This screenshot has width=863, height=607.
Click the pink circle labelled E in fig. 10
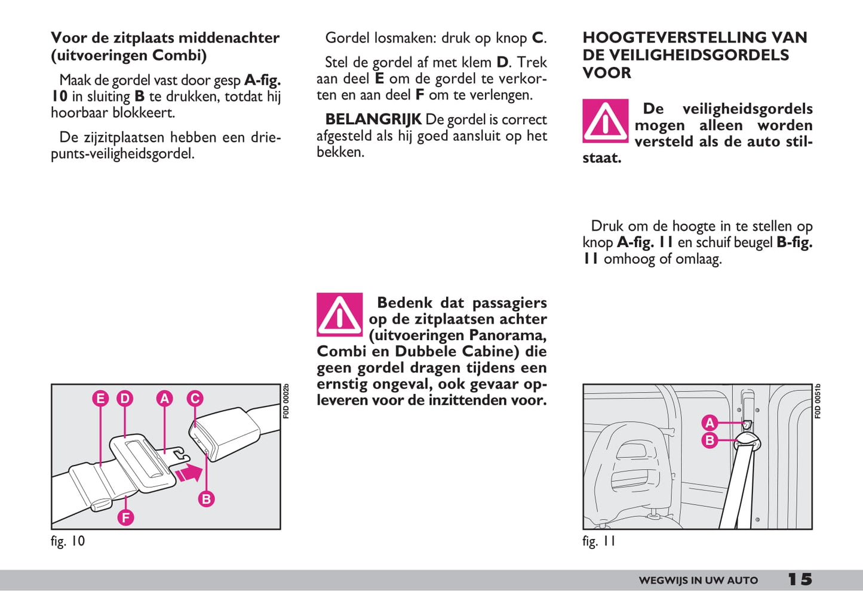100,399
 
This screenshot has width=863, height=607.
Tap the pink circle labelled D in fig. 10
124,399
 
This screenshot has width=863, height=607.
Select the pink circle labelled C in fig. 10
195,399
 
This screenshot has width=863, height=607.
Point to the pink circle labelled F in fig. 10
125,517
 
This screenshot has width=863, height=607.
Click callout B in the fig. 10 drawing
206,499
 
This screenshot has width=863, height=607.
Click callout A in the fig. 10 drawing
164,399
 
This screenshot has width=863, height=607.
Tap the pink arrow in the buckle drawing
189,473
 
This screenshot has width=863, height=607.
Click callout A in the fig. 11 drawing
710,423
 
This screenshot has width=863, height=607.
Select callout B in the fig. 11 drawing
710,440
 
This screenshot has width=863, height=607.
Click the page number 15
800,580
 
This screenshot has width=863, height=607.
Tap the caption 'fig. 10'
68,541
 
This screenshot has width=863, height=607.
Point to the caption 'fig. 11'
598,541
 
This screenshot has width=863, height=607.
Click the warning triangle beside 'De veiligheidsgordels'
605,121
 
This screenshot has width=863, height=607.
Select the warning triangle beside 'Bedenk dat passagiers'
339,315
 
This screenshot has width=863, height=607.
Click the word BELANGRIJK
373,119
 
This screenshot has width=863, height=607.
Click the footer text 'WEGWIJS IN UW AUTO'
698,580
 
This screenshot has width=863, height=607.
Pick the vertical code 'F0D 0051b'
818,401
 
